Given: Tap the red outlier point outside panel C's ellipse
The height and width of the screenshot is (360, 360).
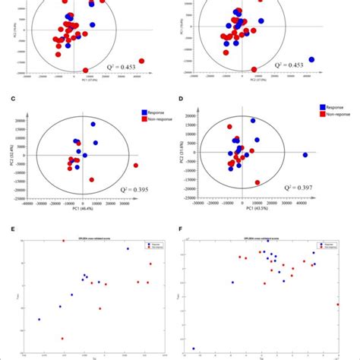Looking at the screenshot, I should (136, 165).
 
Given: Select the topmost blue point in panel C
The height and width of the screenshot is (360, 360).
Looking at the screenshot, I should (93, 124).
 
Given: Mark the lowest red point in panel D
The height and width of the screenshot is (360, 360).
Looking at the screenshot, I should (257, 182).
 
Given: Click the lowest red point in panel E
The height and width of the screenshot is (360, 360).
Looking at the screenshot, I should (62, 339).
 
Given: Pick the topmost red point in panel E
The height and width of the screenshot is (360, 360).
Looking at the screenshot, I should (64, 242).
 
